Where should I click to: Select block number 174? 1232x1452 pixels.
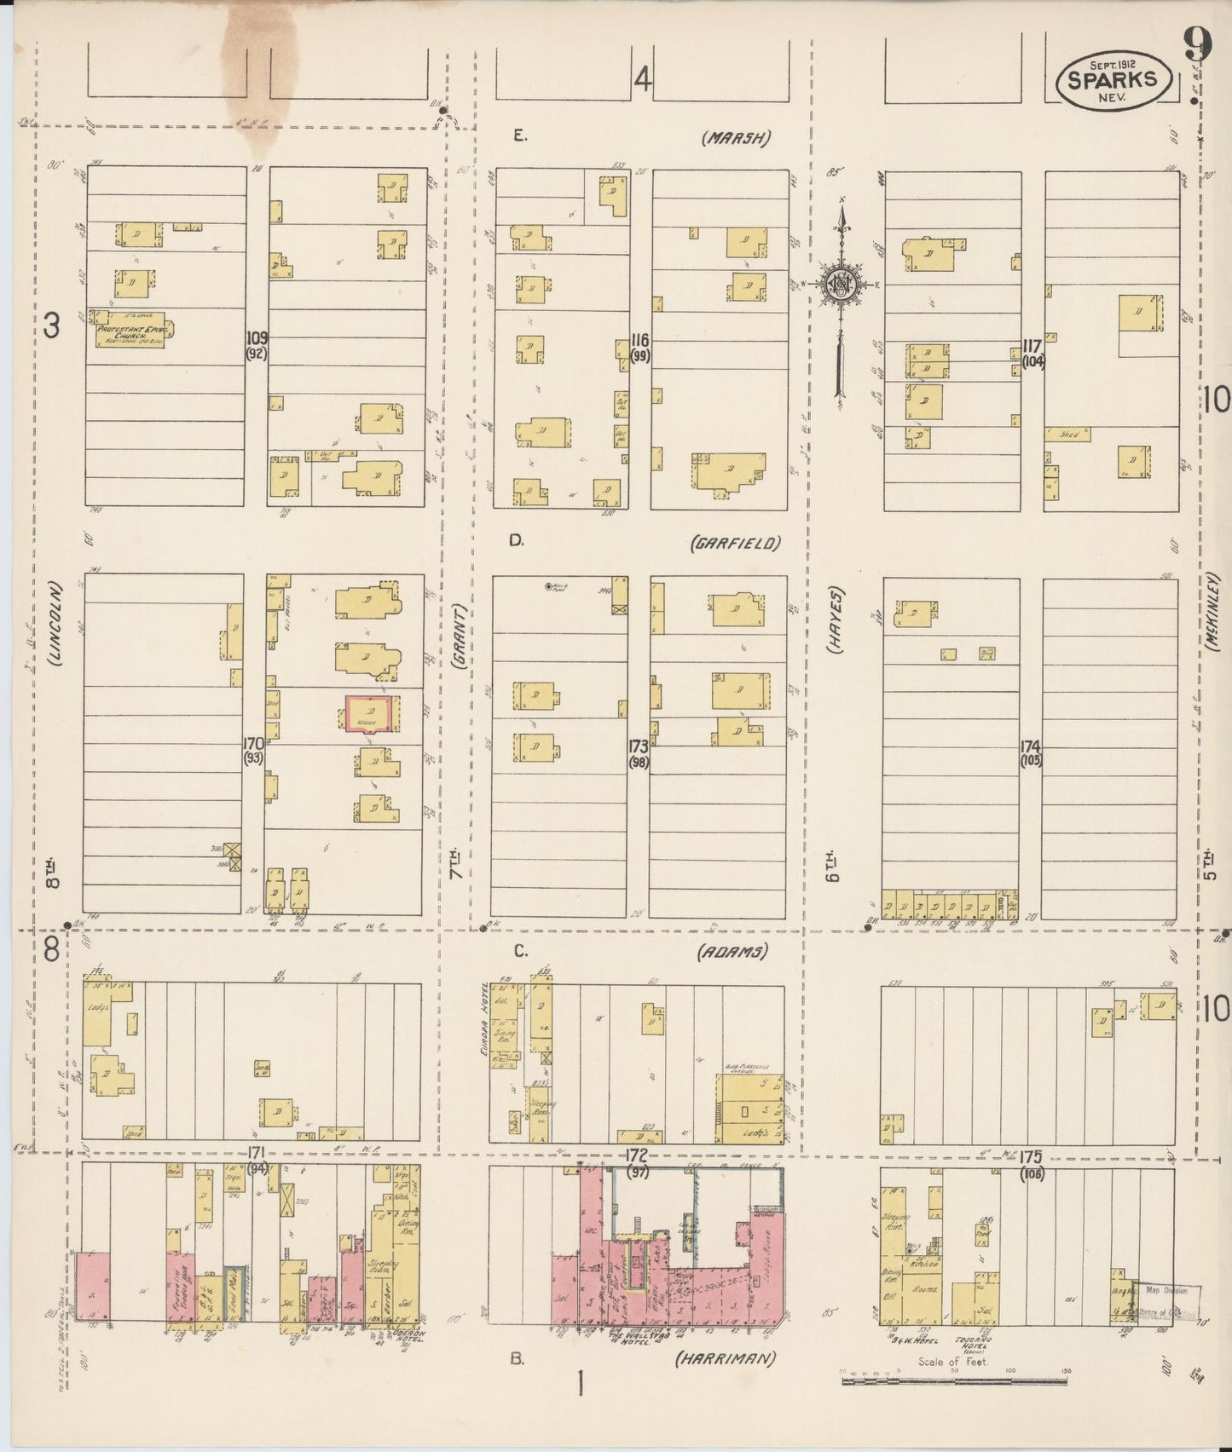click(x=1032, y=745)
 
